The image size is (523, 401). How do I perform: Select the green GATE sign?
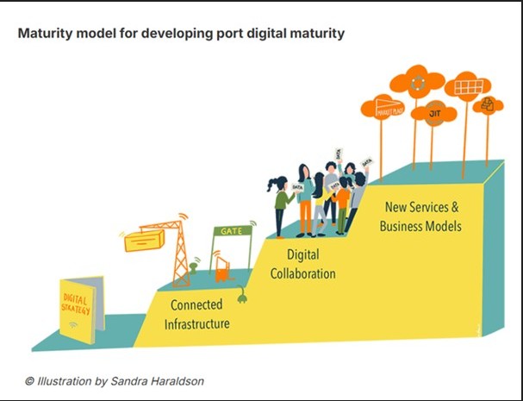tap(232, 231)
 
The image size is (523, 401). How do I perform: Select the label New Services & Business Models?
tap(422, 217)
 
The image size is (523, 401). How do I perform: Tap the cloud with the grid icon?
tap(468, 87)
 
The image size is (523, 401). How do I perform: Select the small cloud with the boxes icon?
tap(488, 105)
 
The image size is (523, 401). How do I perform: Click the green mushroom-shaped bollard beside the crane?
tap(195, 268)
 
